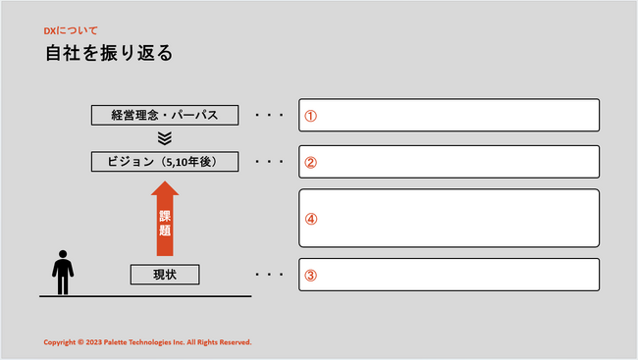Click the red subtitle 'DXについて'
71,30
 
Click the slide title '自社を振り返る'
109,53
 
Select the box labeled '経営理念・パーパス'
165,115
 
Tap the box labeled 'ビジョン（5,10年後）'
165,162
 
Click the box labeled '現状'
165,275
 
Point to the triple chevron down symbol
165,138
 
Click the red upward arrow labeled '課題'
165,219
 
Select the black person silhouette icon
63,272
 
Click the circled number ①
311,116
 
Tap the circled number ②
311,162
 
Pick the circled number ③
311,276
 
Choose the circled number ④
311,220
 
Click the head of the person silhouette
63,254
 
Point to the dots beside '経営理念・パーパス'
269,115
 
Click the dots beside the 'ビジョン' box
269,162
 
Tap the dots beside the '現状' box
269,275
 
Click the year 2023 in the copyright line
93,342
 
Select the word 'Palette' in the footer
115,342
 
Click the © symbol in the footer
80,342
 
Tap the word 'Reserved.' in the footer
236,342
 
